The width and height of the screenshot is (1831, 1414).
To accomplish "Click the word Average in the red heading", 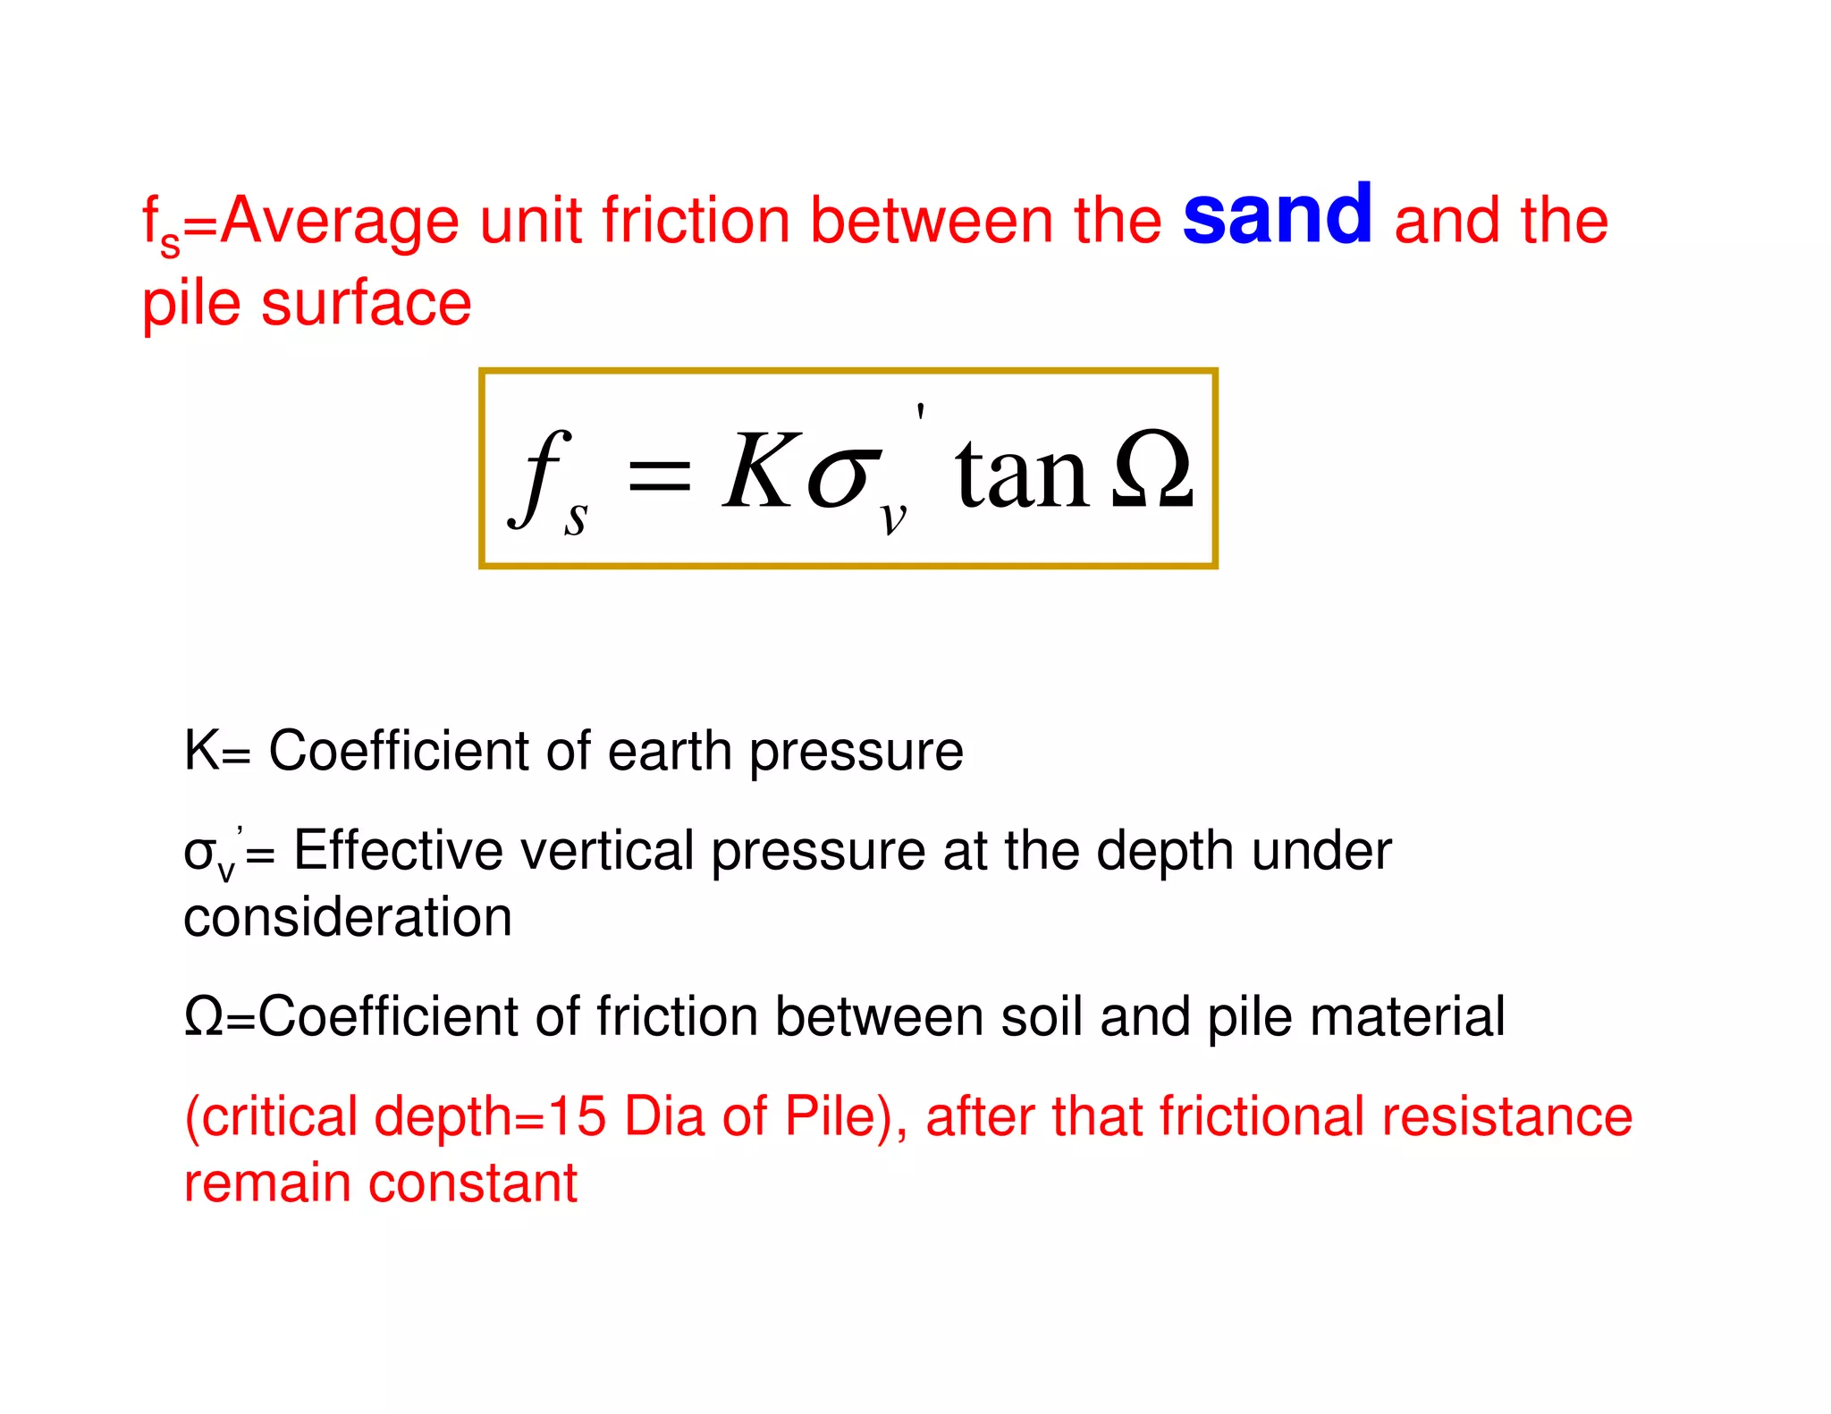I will pyautogui.click(x=339, y=221).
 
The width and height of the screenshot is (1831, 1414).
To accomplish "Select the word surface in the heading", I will pyautogui.click(x=367, y=304).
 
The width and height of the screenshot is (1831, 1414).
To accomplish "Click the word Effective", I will pyautogui.click(x=398, y=850).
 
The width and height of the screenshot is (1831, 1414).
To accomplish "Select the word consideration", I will pyautogui.click(x=348, y=918).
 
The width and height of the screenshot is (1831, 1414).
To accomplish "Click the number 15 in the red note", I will pyautogui.click(x=577, y=1116).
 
